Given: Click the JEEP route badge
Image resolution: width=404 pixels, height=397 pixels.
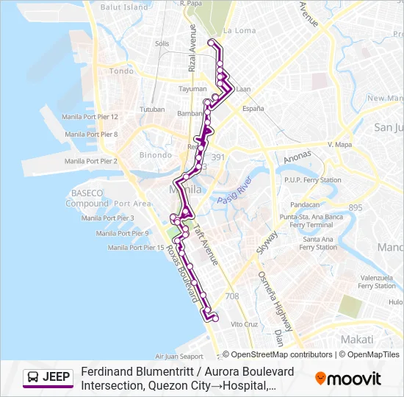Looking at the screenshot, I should coord(48,378).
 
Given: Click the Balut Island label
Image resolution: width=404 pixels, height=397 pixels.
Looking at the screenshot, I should coord(124,7).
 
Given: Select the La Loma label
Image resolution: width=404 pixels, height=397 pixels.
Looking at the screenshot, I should coord(239,31).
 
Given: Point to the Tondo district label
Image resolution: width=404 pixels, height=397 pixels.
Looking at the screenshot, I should coord(121,71).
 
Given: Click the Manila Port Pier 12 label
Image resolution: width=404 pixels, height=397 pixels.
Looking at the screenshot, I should coord(91,116).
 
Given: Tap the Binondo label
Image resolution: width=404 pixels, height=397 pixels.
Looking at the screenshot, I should coord(156,155).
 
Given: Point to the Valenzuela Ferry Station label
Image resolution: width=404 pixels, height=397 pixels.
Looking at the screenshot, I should coord(376,282).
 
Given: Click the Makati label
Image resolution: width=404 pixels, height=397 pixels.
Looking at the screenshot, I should coord(358,339).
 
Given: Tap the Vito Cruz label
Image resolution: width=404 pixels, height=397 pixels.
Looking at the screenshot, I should coord(245,324).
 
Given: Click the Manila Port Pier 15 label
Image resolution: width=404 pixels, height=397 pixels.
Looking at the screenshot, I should coord(136,248).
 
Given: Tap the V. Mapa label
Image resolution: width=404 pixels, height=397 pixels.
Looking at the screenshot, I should coord(340,145).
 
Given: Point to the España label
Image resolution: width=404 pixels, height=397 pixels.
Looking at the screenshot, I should coord(253,108).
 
